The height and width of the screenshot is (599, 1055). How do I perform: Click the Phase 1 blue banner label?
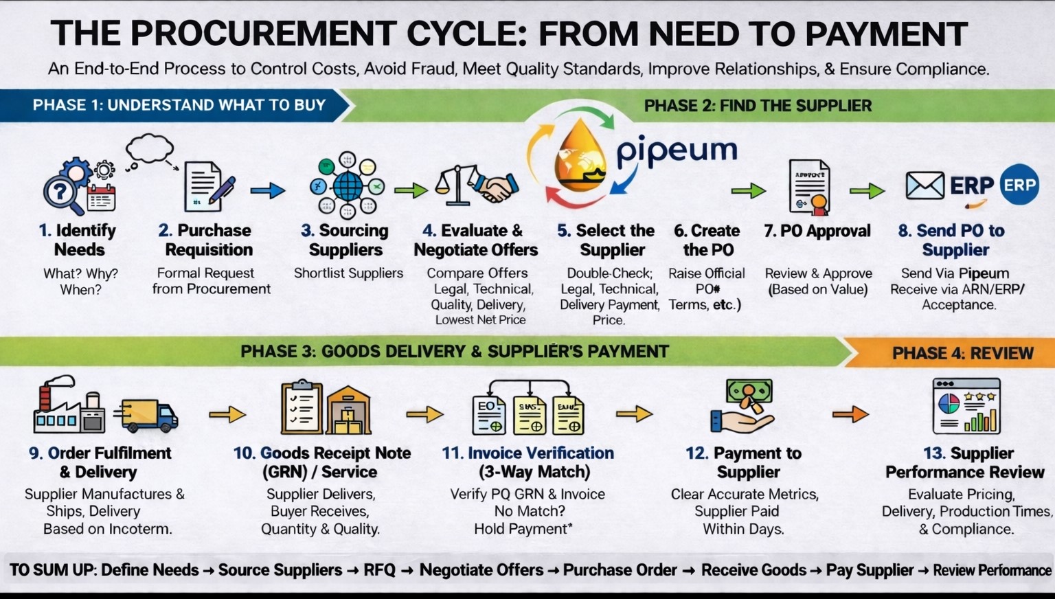point(179,105)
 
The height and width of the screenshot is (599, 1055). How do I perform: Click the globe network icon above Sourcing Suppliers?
point(348,185)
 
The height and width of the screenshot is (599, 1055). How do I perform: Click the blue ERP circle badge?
point(1019,185)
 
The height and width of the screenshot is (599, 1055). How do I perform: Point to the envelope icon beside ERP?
point(924,185)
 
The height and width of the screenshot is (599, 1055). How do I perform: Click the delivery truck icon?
point(147,414)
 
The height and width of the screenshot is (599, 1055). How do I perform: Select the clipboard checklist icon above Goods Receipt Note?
point(302,408)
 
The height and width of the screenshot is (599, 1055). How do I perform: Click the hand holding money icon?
point(743,407)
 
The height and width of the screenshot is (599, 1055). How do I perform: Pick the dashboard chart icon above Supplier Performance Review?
point(966,406)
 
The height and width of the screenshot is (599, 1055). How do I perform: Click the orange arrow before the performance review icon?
point(850,414)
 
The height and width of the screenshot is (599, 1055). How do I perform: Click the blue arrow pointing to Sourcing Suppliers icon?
point(267,190)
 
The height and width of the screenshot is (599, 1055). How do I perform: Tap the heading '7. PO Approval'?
point(817,231)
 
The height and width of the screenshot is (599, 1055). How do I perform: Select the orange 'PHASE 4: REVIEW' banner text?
point(962,353)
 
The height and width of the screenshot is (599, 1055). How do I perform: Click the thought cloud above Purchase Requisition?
point(149,148)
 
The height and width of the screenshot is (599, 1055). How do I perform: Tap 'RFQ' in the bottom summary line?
point(379,570)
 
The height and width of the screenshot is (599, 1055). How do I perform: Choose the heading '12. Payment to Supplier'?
point(747,462)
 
